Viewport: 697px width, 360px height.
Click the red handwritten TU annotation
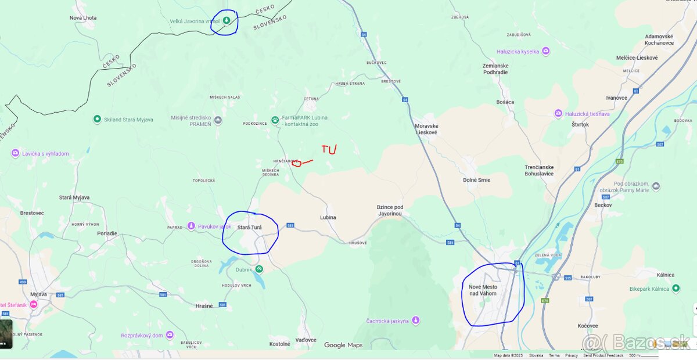pos(329,150)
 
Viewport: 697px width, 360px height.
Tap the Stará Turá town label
pos(249,228)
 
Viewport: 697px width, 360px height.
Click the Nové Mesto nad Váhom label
pos(483,290)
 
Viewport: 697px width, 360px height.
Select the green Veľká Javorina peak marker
pos(227,20)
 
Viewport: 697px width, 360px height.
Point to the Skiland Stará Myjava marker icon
pos(97,119)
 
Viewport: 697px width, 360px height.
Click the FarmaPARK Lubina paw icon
pos(275,120)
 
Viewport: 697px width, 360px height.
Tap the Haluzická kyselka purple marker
pos(545,52)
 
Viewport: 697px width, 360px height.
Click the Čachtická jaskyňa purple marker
pos(415,321)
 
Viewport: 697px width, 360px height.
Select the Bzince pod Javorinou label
pos(390,210)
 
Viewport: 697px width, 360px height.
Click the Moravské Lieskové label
pos(426,129)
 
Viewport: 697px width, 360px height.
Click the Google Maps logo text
pos(343,345)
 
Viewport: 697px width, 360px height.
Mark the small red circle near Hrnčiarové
pos(297,163)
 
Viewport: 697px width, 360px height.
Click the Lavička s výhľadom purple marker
pos(15,153)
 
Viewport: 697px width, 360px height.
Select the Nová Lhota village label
pos(82,18)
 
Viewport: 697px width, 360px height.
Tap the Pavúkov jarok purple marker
pos(191,226)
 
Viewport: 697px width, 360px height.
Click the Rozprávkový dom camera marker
pos(170,335)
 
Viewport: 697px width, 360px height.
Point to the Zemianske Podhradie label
pos(495,69)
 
